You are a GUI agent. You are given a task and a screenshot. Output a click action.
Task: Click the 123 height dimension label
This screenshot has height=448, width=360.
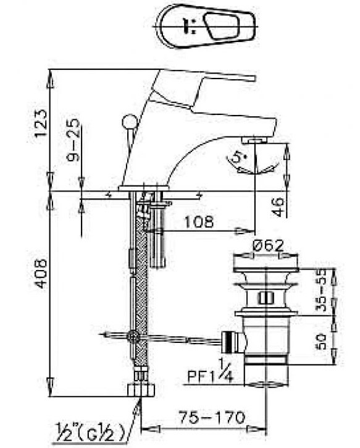point(41,123)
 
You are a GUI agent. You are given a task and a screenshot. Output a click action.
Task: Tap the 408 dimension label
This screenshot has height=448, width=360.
point(41,273)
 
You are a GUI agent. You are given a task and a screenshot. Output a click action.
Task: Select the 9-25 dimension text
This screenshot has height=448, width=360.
point(73,140)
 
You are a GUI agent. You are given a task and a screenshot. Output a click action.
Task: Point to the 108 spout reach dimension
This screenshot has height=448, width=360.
point(199,221)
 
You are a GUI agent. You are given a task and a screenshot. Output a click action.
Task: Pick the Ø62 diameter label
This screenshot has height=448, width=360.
point(268,245)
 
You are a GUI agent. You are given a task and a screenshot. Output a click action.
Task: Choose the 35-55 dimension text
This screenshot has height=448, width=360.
point(322,290)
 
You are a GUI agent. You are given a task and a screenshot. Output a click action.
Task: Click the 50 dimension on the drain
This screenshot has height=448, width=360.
point(322,342)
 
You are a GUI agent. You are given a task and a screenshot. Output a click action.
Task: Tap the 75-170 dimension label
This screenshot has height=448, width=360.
point(212,418)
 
